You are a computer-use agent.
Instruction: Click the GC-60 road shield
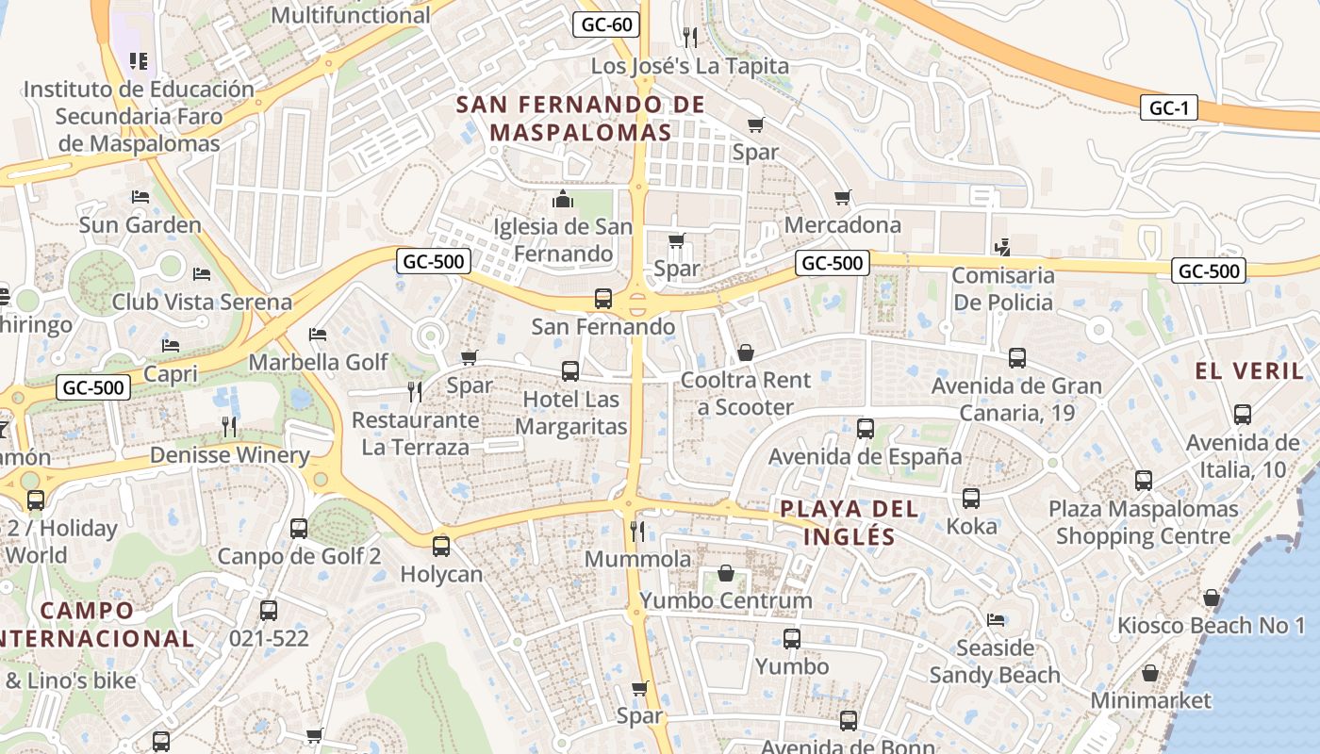pos(606,25)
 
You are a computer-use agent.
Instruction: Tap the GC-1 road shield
pos(1168,107)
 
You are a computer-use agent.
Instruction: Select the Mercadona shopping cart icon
pos(842,198)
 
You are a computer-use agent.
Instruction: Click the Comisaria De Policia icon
pos(1003,248)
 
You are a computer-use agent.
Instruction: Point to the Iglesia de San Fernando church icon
pos(563,200)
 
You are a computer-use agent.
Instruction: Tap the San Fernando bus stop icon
pos(603,300)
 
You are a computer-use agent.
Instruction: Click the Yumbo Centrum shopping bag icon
pos(726,573)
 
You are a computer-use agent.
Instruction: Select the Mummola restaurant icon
pos(637,532)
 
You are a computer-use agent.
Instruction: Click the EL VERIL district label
pos(1249,370)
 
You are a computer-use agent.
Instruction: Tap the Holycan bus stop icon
pos(441,546)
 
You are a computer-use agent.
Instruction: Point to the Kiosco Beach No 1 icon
pos(1212,598)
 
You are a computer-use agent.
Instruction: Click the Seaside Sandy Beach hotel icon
pos(995,620)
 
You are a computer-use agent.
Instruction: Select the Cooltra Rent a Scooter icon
pos(746,353)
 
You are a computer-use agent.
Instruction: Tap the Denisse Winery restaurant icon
pos(229,427)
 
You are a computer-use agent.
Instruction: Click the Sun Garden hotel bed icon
pos(140,198)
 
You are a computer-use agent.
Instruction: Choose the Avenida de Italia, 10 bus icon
pos(1243,415)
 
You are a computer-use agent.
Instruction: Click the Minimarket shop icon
pos(1150,673)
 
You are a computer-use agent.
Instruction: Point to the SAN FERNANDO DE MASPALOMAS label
pos(581,118)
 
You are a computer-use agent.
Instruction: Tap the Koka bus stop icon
pos(971,499)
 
